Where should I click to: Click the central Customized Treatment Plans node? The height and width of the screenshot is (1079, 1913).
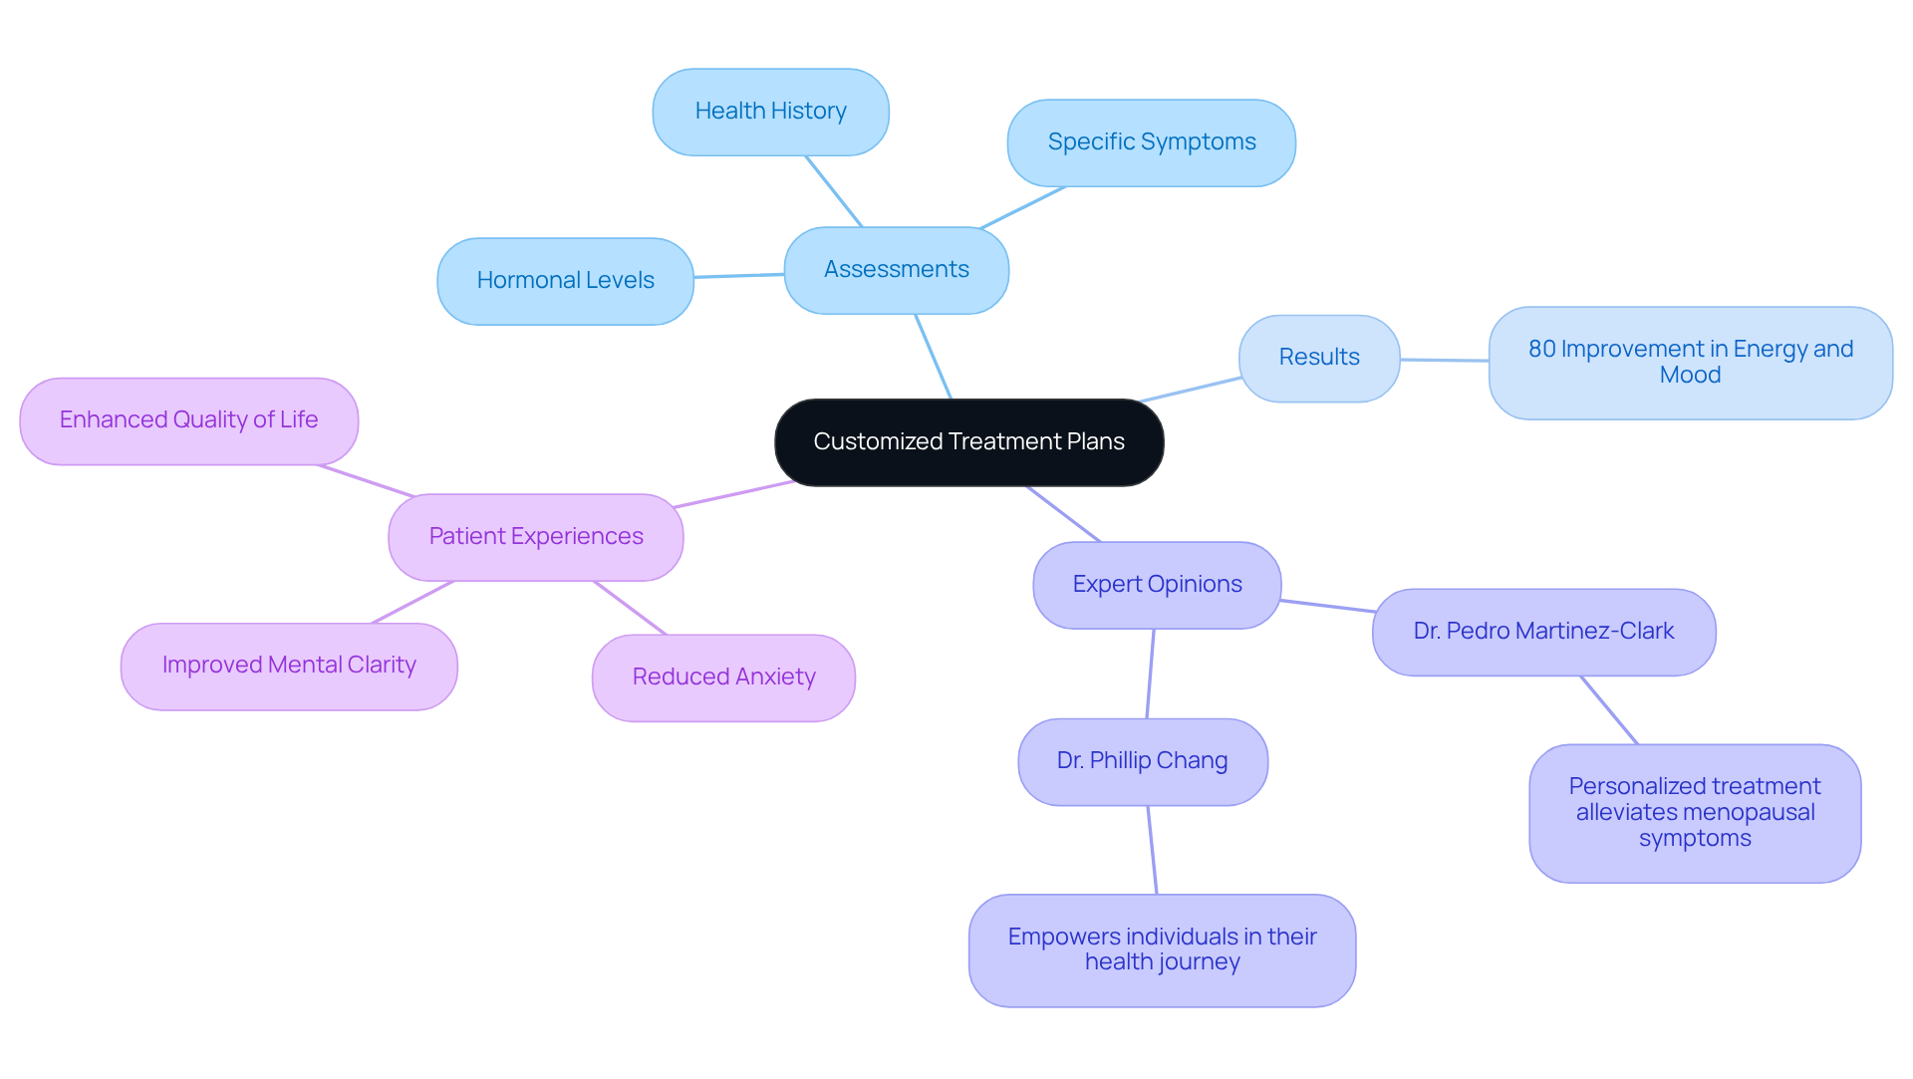pyautogui.click(x=968, y=442)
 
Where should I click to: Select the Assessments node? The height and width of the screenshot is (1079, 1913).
pyautogui.click(x=896, y=270)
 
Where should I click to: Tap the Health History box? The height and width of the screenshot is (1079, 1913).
pyautogui.click(x=770, y=112)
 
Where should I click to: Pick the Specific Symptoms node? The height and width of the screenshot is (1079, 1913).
pyautogui.click(x=1151, y=142)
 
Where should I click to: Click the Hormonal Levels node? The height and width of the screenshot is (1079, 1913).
pyautogui.click(x=565, y=281)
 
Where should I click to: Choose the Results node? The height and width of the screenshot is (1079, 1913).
pyautogui.click(x=1318, y=358)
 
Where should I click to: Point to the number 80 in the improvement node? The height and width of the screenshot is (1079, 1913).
pyautogui.click(x=1541, y=350)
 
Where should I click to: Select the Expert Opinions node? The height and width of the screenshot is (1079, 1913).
pyautogui.click(x=1157, y=585)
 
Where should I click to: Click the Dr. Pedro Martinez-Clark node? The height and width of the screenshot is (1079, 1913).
pyautogui.click(x=1543, y=632)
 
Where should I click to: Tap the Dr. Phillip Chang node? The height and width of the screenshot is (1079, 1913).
pyautogui.click(x=1142, y=761)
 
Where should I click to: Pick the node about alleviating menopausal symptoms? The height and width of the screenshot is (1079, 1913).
pyautogui.click(x=1694, y=813)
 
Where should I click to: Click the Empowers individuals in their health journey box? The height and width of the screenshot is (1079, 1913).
pyautogui.click(x=1162, y=949)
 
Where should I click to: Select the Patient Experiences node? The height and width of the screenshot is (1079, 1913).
pyautogui.click(x=536, y=537)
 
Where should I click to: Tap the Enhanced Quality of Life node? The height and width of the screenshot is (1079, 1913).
pyautogui.click(x=188, y=420)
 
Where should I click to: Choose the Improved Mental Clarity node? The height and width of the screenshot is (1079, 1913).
pyautogui.click(x=289, y=666)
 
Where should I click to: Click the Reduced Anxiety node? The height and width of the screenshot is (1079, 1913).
pyautogui.click(x=723, y=677)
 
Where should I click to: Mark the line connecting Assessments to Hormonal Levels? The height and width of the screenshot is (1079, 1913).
pyautogui.click(x=738, y=276)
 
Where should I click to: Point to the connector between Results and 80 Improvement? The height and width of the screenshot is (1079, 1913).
pyautogui.click(x=1445, y=360)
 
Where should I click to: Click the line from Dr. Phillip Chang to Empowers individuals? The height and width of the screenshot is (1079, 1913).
pyautogui.click(x=1153, y=850)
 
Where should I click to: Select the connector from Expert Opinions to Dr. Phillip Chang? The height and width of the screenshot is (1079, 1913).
pyautogui.click(x=1151, y=674)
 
